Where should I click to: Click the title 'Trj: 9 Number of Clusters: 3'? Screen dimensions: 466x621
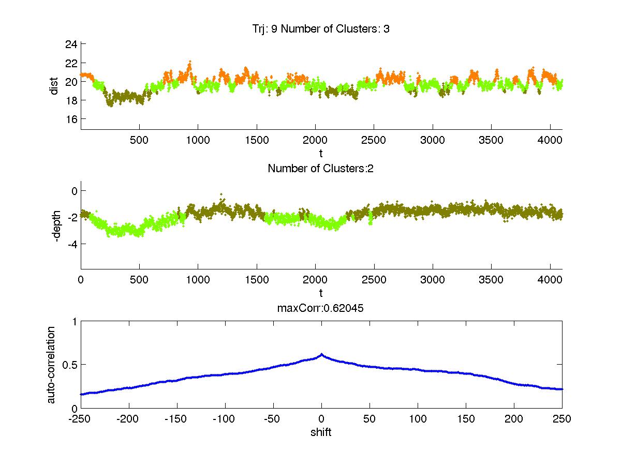click(x=318, y=29)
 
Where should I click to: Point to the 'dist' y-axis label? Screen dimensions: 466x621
click(x=54, y=86)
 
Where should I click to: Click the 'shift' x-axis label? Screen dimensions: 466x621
click(x=321, y=432)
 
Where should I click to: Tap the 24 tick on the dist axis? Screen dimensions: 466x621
click(x=71, y=44)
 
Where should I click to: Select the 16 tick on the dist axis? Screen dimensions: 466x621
click(x=71, y=119)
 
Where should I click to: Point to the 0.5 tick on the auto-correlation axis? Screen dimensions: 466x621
click(x=69, y=365)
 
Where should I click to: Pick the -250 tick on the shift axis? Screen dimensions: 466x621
click(x=81, y=419)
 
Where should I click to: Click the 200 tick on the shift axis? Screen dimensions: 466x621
click(x=514, y=419)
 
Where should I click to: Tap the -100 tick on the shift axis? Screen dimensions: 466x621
click(x=225, y=419)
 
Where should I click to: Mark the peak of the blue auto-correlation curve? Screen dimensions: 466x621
click(x=321, y=354)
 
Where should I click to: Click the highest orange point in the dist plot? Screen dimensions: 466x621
click(x=190, y=61)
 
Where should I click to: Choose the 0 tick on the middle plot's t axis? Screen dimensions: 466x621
click(x=81, y=280)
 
